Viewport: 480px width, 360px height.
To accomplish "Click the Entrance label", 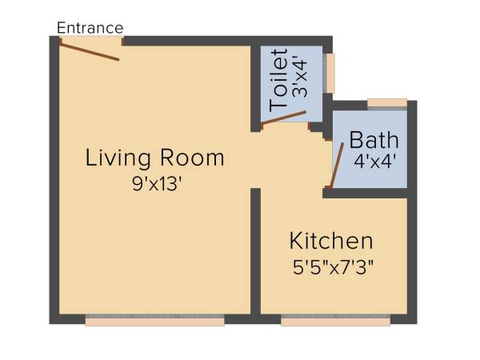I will coord(90,28).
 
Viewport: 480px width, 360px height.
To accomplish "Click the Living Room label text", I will coord(154,158).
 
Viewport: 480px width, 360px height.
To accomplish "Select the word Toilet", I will coord(278,80).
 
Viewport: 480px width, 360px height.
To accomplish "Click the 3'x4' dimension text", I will coord(300,80).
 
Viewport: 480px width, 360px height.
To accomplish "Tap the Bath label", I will coord(374,140).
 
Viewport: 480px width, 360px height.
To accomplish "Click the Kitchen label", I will coord(331,240).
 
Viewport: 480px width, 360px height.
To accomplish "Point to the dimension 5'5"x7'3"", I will coord(331,265).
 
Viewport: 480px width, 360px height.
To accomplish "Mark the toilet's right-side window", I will coord(330,73).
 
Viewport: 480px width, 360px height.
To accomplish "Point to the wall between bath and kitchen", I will coord(370,193).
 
